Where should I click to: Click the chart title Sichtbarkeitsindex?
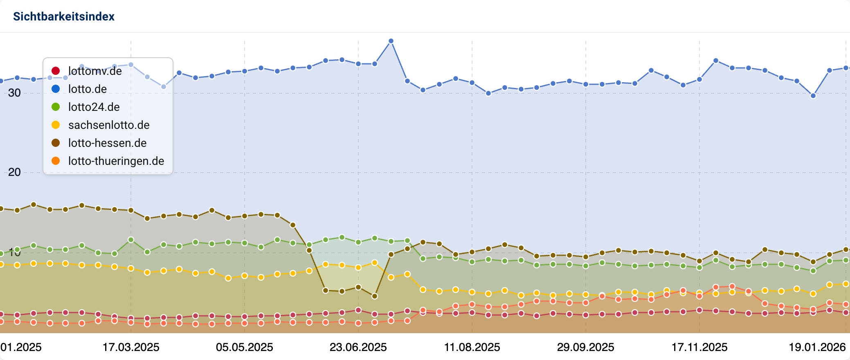(64, 16)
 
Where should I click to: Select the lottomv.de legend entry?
(95, 71)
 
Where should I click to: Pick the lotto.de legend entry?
(87, 89)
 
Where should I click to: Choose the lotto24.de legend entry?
(94, 107)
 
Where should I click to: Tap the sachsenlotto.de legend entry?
(109, 125)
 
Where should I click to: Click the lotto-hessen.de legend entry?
(107, 143)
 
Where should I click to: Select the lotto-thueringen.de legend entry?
(116, 161)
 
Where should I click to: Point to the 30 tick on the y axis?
(14, 93)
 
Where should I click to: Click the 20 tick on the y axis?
(14, 172)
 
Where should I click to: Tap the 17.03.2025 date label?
(131, 347)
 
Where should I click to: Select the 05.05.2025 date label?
(245, 347)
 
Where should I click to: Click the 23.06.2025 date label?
(358, 347)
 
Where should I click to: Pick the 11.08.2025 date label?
(472, 347)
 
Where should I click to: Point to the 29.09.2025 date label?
(586, 347)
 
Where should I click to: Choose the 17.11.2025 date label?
(699, 347)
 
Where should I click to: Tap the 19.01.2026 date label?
(817, 347)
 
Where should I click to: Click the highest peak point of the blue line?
(391, 41)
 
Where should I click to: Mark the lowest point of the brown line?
(375, 296)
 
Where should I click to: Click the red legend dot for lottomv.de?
(56, 71)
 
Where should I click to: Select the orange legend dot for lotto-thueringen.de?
(56, 161)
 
